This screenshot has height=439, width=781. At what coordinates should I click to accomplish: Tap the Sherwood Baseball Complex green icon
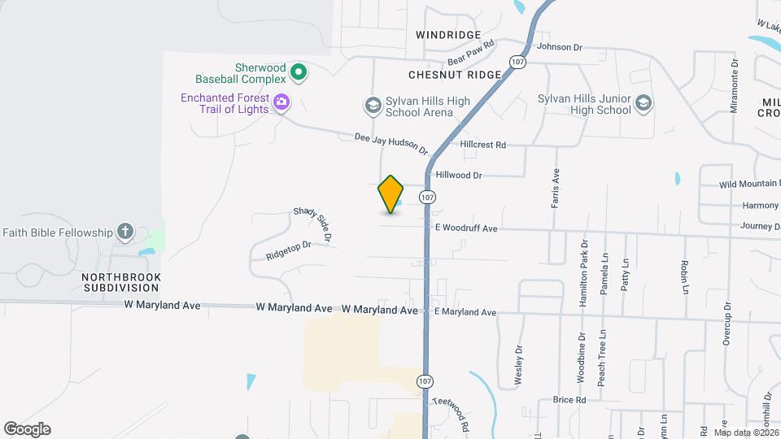(299, 73)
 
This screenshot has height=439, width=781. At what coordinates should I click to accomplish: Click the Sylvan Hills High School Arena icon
(373, 104)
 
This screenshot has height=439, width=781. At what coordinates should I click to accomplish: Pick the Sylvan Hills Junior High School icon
(644, 103)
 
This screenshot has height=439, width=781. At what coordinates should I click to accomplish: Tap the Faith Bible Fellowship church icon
(124, 233)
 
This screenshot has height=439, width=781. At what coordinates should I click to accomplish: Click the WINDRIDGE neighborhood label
(447, 35)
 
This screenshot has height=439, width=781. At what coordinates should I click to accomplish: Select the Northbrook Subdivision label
(121, 282)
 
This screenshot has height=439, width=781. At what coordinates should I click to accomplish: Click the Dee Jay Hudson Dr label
(391, 144)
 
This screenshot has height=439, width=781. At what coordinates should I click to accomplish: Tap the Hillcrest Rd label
(482, 145)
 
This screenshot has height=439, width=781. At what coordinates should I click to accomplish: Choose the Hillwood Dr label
(459, 175)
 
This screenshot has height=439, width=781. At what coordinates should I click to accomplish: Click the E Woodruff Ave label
(465, 229)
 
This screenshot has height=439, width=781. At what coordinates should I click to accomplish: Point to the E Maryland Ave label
(465, 312)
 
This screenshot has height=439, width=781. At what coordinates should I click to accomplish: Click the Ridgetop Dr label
(289, 250)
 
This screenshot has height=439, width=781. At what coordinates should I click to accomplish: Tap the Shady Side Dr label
(312, 224)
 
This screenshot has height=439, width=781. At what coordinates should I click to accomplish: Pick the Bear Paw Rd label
(472, 54)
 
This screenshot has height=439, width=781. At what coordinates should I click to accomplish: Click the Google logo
(27, 429)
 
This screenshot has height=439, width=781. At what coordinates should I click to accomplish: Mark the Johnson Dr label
(560, 47)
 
